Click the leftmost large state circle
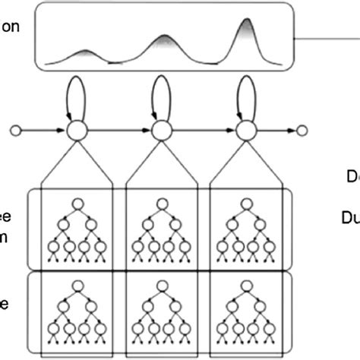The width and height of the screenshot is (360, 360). [x=74, y=131]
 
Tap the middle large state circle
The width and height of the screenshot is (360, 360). [x=159, y=131]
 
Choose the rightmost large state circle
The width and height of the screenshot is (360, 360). [x=244, y=131]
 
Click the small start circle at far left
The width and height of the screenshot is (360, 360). [x=14, y=131]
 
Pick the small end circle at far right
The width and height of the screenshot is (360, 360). [x=302, y=131]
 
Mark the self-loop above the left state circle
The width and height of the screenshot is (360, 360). [x=74, y=95]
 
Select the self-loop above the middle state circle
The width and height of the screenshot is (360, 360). [x=159, y=95]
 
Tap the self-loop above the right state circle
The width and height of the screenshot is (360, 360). [x=244, y=95]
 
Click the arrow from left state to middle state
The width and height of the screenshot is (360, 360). [x=117, y=131]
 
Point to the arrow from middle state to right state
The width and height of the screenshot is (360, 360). [x=202, y=131]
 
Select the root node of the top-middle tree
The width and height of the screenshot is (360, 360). [x=159, y=203]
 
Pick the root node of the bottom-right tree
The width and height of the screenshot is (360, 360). [x=244, y=286]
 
